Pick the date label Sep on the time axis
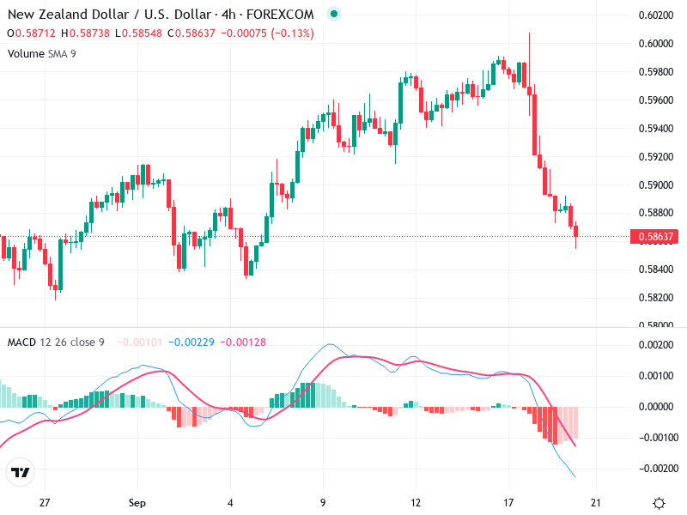[x=138, y=503]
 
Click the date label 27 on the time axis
[x=46, y=503]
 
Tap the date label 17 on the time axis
[x=508, y=503]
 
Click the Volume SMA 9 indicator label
[x=41, y=53]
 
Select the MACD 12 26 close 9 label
[x=56, y=342]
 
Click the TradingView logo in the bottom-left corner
[x=20, y=472]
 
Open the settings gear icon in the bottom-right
[x=659, y=503]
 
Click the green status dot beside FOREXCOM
[x=334, y=14]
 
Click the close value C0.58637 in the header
[x=193, y=33]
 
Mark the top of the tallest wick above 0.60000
[x=529, y=33]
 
